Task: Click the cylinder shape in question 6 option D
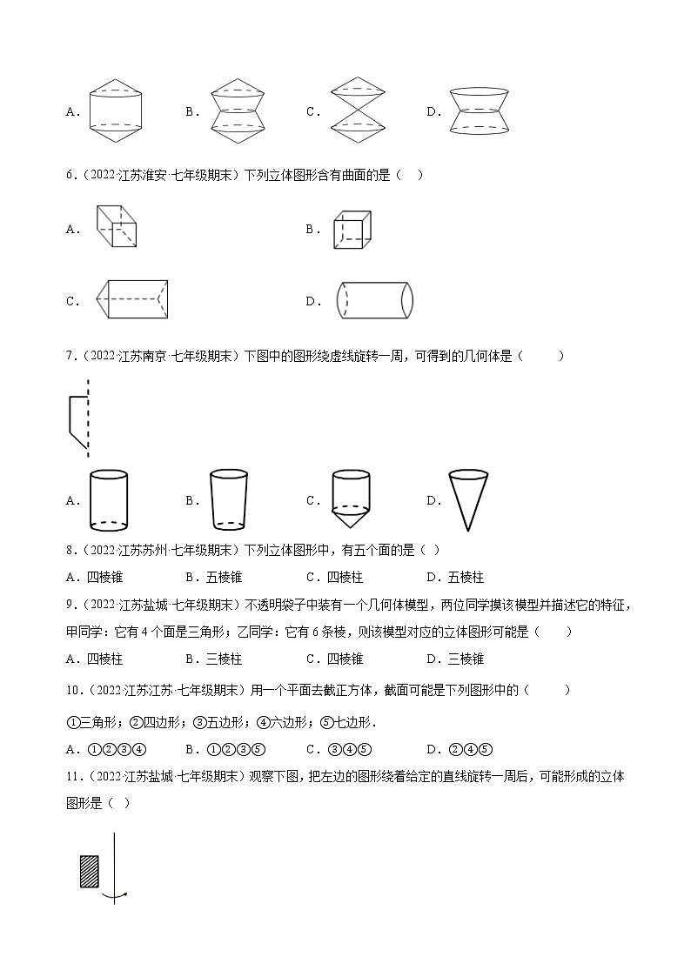click(x=374, y=301)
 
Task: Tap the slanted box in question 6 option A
click(x=116, y=226)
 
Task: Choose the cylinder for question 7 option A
click(x=108, y=500)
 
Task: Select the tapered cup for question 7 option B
click(x=229, y=500)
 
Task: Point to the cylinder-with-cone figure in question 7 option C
click(x=351, y=500)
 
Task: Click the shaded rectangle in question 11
click(x=90, y=870)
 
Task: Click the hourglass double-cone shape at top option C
click(x=352, y=110)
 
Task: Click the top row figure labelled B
click(x=231, y=110)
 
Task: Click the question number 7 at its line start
click(x=70, y=355)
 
